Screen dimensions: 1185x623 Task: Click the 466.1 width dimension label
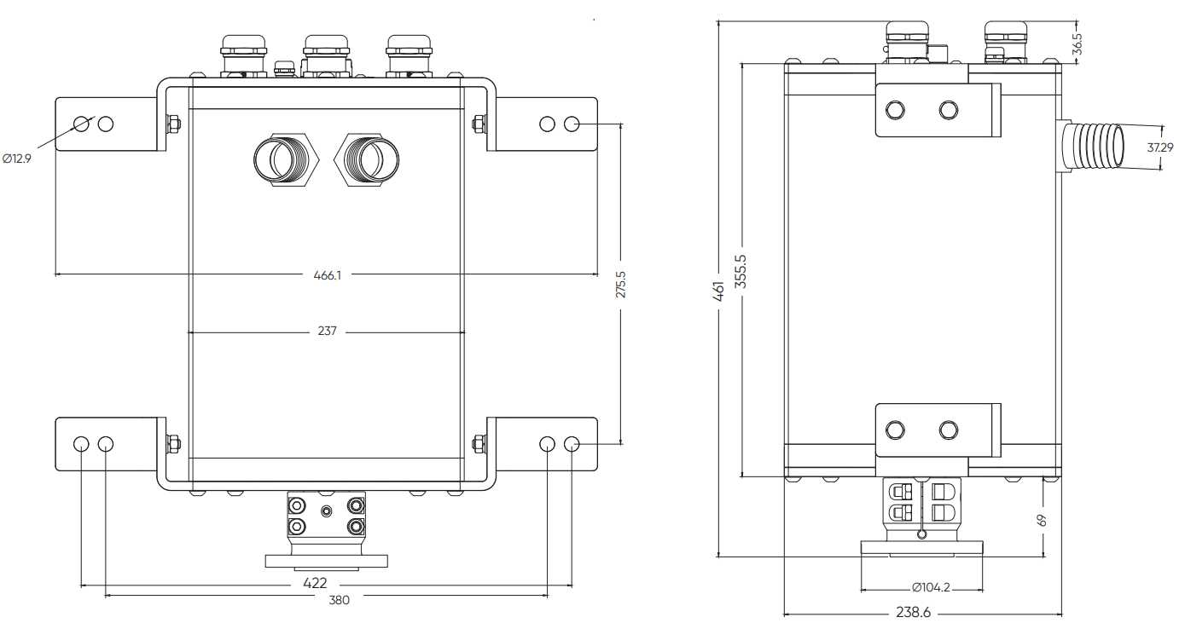tap(328, 275)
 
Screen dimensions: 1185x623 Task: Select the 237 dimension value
tap(327, 332)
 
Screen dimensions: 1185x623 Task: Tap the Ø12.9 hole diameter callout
tap(17, 158)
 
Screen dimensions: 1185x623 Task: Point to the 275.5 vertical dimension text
tap(620, 285)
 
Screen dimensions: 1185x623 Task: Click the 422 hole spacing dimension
tap(315, 583)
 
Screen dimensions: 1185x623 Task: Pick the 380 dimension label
tap(339, 600)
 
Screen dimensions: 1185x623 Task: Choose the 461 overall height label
tap(718, 291)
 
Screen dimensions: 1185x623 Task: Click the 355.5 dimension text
tap(741, 271)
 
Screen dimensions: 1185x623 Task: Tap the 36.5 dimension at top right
tap(1078, 44)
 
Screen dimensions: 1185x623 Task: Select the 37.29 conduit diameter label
tap(1160, 147)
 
